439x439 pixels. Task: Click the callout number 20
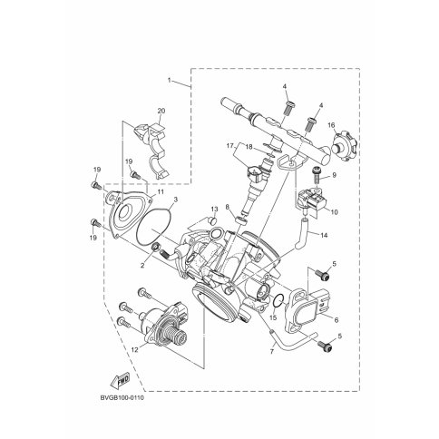161,111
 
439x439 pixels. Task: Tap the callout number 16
331,125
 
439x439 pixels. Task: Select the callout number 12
134,349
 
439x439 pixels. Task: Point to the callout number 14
324,235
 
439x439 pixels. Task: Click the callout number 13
214,209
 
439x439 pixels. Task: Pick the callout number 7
271,352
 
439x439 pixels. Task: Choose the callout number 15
273,317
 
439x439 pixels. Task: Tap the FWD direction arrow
120,379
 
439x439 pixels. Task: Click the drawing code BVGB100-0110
122,397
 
